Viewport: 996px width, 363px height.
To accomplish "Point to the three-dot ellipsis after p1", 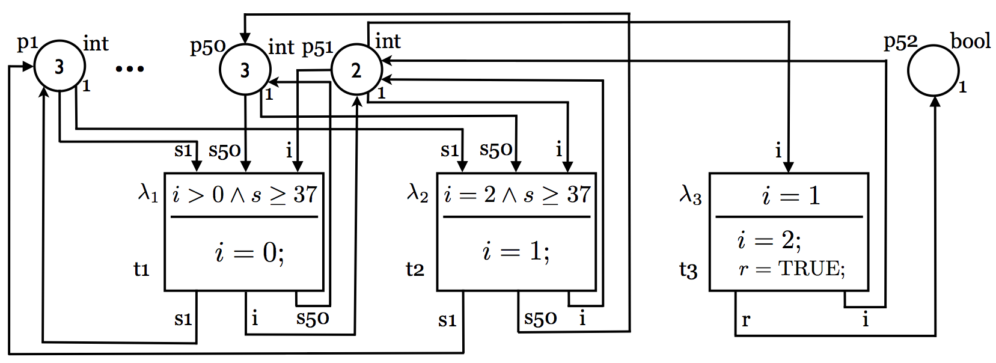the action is click(130, 69).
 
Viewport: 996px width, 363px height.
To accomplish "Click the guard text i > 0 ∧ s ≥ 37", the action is click(245, 195).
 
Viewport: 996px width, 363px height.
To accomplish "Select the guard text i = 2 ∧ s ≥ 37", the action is click(517, 195).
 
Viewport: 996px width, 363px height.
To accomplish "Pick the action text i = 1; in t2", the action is click(516, 252).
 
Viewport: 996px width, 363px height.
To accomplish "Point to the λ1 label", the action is click(148, 194).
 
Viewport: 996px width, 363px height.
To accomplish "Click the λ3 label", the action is click(691, 195).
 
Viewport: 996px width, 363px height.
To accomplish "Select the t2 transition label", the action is click(415, 269).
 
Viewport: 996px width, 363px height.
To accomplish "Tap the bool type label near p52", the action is click(971, 41).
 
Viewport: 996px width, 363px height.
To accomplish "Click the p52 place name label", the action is click(900, 42).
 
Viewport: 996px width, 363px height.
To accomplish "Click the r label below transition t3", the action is click(746, 320).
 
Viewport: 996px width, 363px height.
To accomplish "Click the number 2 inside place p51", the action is click(356, 70).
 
